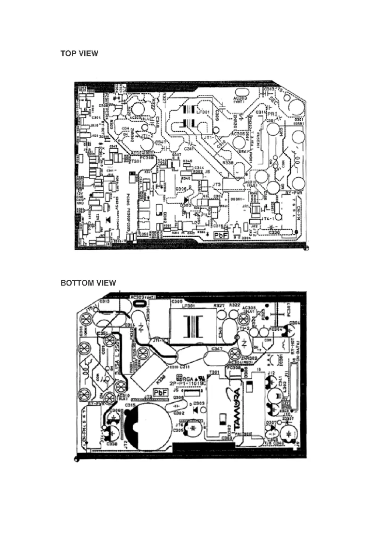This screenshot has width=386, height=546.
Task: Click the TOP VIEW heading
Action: [x=79, y=53]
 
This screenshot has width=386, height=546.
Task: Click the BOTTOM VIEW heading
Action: [x=88, y=283]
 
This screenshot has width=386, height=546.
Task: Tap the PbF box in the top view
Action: [x=221, y=235]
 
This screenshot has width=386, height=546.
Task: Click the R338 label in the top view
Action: [x=228, y=163]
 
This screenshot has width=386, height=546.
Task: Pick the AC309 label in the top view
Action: [x=240, y=99]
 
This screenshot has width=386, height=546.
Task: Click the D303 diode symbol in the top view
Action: [x=187, y=201]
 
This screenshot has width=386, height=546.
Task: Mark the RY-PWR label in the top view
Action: [x=293, y=193]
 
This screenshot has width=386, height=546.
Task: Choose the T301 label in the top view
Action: [x=136, y=161]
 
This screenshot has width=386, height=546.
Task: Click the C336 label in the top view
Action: [x=274, y=232]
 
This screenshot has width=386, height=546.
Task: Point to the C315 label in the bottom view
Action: [x=130, y=406]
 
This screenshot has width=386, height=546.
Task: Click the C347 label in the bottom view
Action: [x=217, y=349]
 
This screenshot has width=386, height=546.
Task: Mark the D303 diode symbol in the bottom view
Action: [x=196, y=410]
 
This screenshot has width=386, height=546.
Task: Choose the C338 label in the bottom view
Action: [x=112, y=444]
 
